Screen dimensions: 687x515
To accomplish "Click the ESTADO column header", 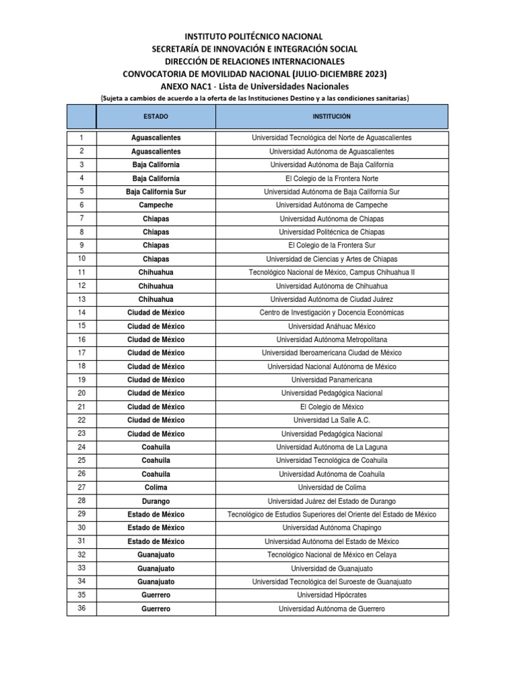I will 156,117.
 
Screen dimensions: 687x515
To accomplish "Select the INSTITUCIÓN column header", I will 331,117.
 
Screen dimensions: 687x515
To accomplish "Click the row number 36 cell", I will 81,609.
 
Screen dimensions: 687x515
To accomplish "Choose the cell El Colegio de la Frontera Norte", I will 331,178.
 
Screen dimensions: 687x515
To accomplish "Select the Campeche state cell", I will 156,205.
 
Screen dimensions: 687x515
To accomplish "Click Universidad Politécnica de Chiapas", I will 331,232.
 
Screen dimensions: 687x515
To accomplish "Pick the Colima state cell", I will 156,488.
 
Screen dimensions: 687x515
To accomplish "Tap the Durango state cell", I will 156,501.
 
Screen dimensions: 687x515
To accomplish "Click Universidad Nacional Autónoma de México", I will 331,366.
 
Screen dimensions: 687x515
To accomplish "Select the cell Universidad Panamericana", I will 331,380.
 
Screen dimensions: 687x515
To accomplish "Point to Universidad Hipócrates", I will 331,595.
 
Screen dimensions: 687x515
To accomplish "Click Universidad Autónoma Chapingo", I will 331,528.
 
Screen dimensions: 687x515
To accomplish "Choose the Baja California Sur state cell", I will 156,192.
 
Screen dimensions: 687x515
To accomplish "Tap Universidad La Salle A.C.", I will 331,420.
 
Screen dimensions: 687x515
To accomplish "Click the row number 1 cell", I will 81,138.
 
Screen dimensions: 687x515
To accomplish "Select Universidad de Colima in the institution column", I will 331,488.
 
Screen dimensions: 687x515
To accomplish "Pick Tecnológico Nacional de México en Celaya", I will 331,555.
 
